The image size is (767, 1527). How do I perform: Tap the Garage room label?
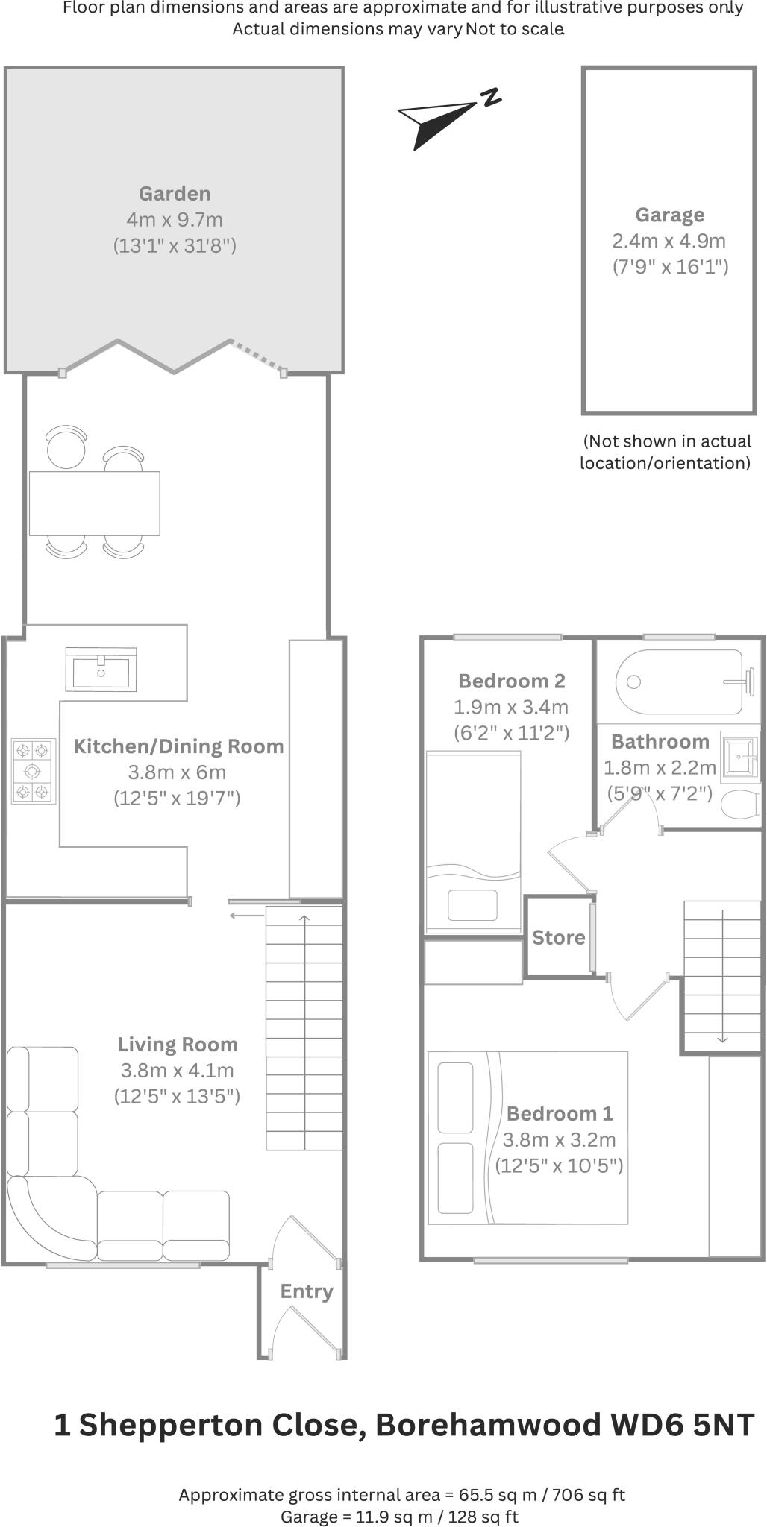[669, 215]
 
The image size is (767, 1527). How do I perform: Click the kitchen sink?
[101, 670]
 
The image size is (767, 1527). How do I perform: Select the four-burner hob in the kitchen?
[34, 771]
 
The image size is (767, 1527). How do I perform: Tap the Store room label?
[558, 938]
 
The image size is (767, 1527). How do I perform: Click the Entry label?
[306, 1291]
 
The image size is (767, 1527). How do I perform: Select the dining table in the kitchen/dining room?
[94, 503]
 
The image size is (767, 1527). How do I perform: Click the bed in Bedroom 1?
[527, 1138]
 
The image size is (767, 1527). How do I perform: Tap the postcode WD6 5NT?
[682, 1425]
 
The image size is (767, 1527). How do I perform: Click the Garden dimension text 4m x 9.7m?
[175, 220]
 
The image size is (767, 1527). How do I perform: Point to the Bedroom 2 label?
[511, 681]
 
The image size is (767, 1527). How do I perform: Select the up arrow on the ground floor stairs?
[304, 919]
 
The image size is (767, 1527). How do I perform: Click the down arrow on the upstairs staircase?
[722, 1036]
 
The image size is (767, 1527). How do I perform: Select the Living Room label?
[178, 1045]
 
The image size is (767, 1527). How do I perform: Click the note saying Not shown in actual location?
[666, 452]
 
